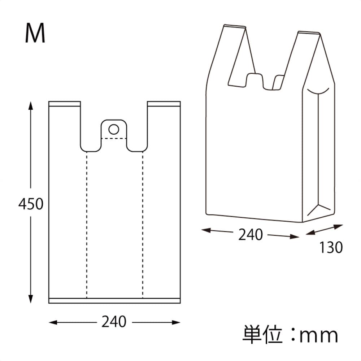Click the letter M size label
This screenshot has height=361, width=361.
click(35, 34)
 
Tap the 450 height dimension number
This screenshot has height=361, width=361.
click(31, 204)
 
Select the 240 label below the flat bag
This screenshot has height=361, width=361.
click(114, 322)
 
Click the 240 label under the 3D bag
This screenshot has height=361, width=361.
click(251, 235)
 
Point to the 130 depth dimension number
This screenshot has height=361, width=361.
click(330, 248)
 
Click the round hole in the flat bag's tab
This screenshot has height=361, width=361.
click(114, 129)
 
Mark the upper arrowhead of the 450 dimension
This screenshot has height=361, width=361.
click(31, 105)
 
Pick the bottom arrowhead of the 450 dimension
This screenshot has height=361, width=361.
click(31, 299)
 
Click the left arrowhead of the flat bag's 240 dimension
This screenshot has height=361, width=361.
click(52, 322)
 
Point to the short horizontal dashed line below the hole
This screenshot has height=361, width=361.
click(114, 138)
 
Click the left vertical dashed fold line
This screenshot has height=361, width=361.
click(87, 224)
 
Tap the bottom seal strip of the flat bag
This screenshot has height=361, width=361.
click(114, 301)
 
